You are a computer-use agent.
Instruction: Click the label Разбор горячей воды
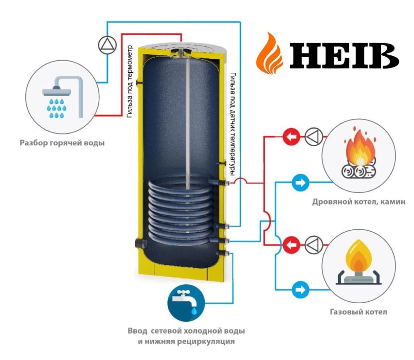[x=62, y=144]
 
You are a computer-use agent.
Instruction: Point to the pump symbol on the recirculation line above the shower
[x=105, y=45]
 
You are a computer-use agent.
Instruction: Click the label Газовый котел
[x=359, y=312]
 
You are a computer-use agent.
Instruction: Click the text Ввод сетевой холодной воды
[x=186, y=331]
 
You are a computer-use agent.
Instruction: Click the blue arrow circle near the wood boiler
[x=299, y=182]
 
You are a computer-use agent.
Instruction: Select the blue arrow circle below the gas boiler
[x=299, y=289]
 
